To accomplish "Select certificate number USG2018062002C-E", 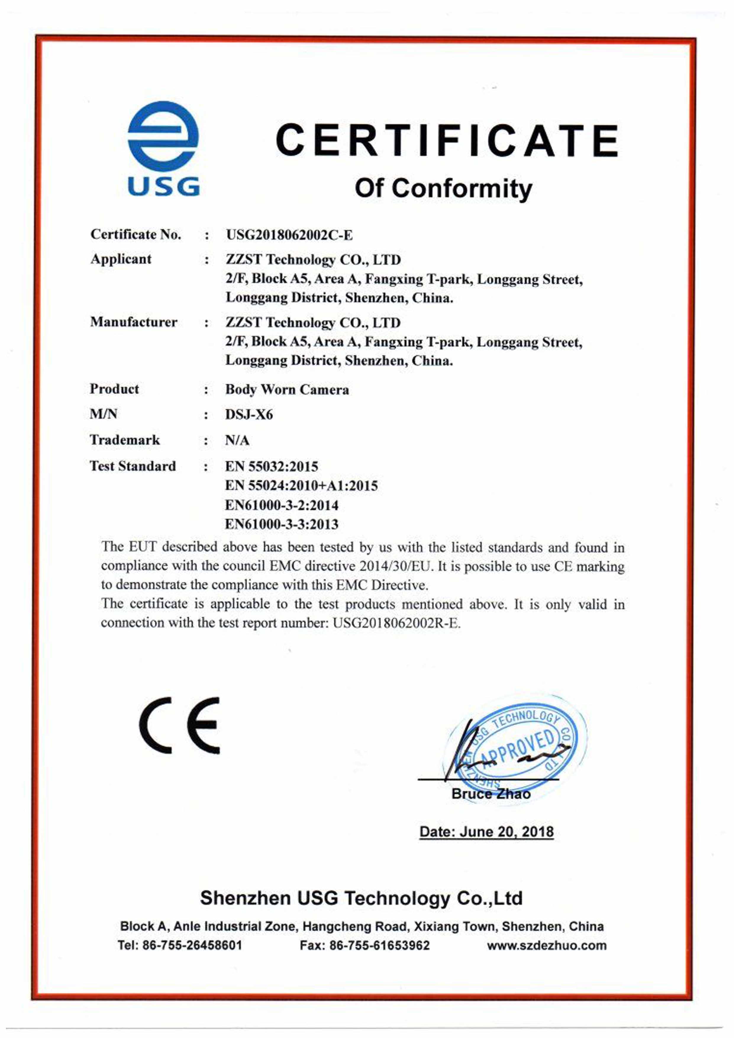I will pyautogui.click(x=289, y=235).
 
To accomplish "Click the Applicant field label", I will pyautogui.click(x=121, y=259).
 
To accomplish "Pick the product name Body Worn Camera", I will pyautogui.click(x=287, y=389).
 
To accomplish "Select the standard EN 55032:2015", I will pyautogui.click(x=271, y=466).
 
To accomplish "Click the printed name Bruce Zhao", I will pyautogui.click(x=491, y=794).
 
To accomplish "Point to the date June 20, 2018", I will pyautogui.click(x=506, y=832).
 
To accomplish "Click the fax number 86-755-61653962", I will pyautogui.click(x=379, y=945).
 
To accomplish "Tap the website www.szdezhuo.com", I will pyautogui.click(x=547, y=945).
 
